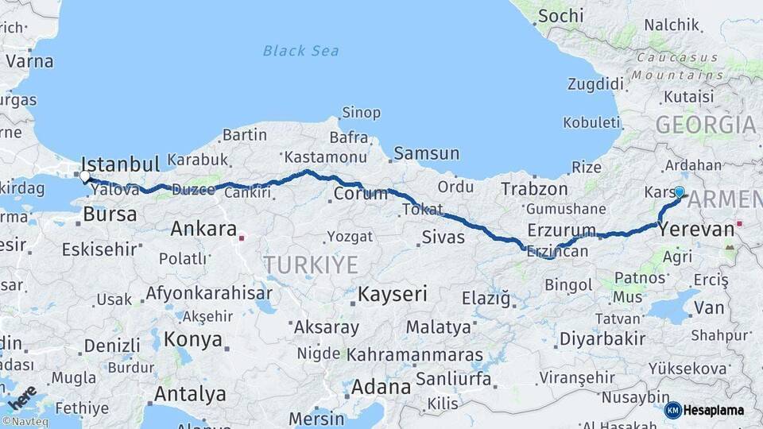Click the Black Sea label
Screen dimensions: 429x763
(x=300, y=51)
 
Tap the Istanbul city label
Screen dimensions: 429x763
(x=121, y=164)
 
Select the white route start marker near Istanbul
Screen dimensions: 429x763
(x=85, y=176)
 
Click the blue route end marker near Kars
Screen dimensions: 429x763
(x=679, y=191)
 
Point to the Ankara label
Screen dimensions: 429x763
(x=203, y=230)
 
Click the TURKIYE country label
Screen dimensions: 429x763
(x=311, y=265)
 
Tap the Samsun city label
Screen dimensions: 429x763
(x=426, y=153)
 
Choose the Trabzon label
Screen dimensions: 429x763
(x=534, y=189)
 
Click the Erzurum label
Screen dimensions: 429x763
(x=561, y=230)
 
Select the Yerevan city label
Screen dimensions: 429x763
(x=697, y=230)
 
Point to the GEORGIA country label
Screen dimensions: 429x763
(x=706, y=125)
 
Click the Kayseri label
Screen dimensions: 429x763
(x=392, y=294)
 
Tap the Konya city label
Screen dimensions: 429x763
(x=192, y=340)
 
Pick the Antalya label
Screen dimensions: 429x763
(x=190, y=394)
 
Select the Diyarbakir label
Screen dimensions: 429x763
(x=602, y=338)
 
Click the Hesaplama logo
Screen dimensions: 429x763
(x=706, y=410)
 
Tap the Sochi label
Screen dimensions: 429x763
(x=560, y=15)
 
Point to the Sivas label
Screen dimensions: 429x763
(x=443, y=236)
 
